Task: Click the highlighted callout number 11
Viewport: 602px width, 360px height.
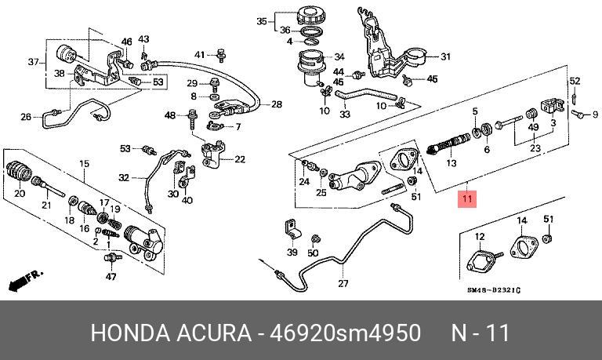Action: tap(467, 199)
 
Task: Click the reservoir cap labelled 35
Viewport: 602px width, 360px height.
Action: tap(306, 16)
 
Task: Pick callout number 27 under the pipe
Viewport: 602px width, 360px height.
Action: tap(343, 283)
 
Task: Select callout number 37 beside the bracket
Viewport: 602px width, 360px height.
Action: tap(33, 62)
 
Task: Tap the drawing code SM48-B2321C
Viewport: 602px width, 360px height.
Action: tap(493, 291)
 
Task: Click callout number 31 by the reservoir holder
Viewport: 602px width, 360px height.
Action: tap(444, 56)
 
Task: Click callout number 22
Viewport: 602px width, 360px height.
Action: tap(239, 160)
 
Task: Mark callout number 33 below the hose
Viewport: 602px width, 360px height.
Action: tap(344, 114)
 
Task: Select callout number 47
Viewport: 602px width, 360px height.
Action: tap(111, 275)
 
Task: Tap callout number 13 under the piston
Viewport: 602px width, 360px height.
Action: tap(451, 163)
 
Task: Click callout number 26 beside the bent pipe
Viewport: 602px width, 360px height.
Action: tap(26, 118)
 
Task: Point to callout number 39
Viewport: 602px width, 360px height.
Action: tap(292, 252)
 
